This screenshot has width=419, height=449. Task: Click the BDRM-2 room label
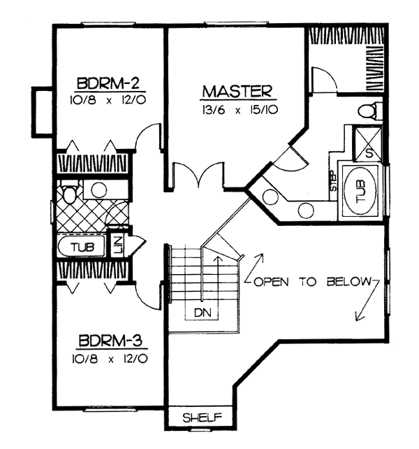pos(108,83)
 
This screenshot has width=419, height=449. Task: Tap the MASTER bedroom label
pos(237,92)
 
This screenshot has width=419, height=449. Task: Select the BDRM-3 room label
pos(110,341)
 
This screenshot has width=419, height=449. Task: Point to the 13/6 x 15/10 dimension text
pos(240,111)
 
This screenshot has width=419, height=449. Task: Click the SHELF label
pos(203,418)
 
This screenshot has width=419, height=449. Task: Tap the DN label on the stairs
pos(203,313)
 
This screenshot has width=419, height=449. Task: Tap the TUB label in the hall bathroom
pos(83,247)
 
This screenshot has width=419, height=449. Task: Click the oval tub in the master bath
pos(360,191)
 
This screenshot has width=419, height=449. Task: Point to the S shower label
pos(369,154)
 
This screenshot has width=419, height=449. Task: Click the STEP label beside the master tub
pos(333,181)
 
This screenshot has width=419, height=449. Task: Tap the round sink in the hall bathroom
pos(99,190)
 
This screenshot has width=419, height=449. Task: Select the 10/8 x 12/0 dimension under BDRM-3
pos(110,359)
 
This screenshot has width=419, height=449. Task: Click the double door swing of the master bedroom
pos(198,176)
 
